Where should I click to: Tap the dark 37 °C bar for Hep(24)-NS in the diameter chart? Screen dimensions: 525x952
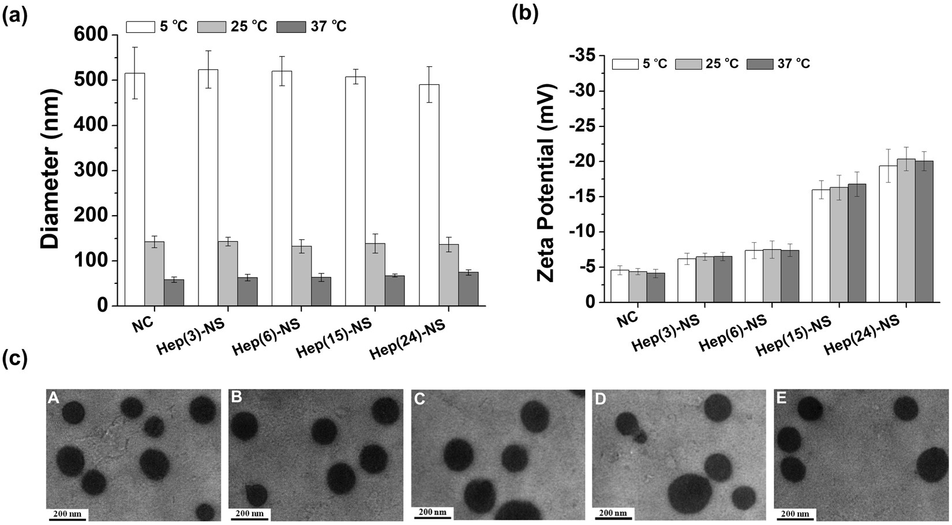point(468,289)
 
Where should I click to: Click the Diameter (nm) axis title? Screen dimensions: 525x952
point(51,169)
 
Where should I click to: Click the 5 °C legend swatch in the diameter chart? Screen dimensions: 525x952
point(140,27)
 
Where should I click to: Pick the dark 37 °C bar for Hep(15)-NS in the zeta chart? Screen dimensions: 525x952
point(857,243)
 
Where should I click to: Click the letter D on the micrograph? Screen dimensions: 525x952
point(601,399)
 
